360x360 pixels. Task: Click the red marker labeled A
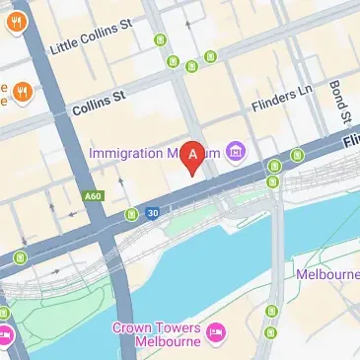[x=194, y=156]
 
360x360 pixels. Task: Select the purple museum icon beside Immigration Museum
[x=236, y=151]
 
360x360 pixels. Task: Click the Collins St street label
[x=100, y=103]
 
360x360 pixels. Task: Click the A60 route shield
[x=94, y=196]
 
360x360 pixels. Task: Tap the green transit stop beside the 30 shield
[x=131, y=214]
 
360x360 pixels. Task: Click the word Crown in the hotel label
[x=132, y=326]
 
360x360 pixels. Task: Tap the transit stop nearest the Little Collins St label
[x=159, y=40]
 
